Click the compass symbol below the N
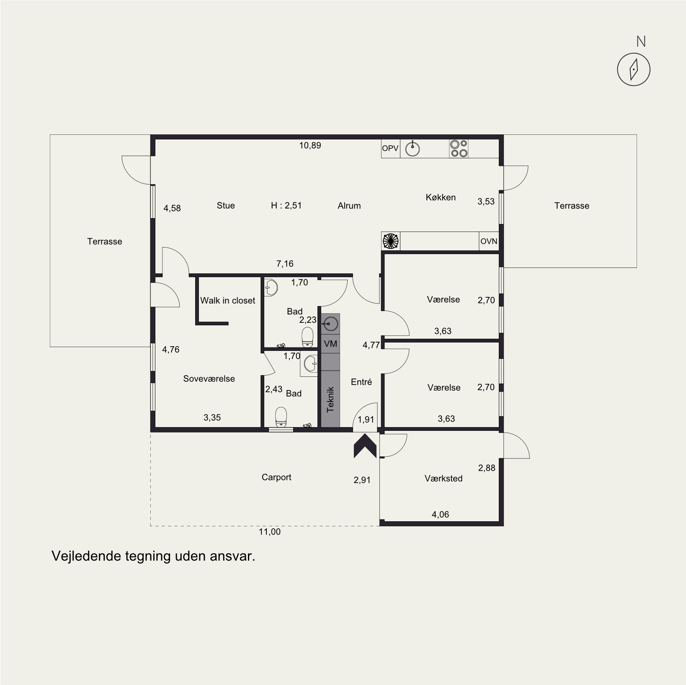point(634,70)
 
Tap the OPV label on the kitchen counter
point(390,148)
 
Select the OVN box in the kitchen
point(489,241)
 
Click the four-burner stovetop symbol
point(459,149)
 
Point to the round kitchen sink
point(413,148)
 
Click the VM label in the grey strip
point(330,344)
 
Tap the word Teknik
point(330,399)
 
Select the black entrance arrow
point(365,446)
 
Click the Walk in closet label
point(227,300)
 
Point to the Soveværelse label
point(209,379)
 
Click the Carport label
point(276,477)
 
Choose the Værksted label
point(444,478)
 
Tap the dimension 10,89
point(310,145)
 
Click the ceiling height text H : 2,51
point(286,206)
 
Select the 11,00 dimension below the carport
point(270,532)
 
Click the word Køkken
point(441,197)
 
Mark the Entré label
point(361,382)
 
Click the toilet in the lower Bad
point(281,418)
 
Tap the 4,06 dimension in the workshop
point(440,515)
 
